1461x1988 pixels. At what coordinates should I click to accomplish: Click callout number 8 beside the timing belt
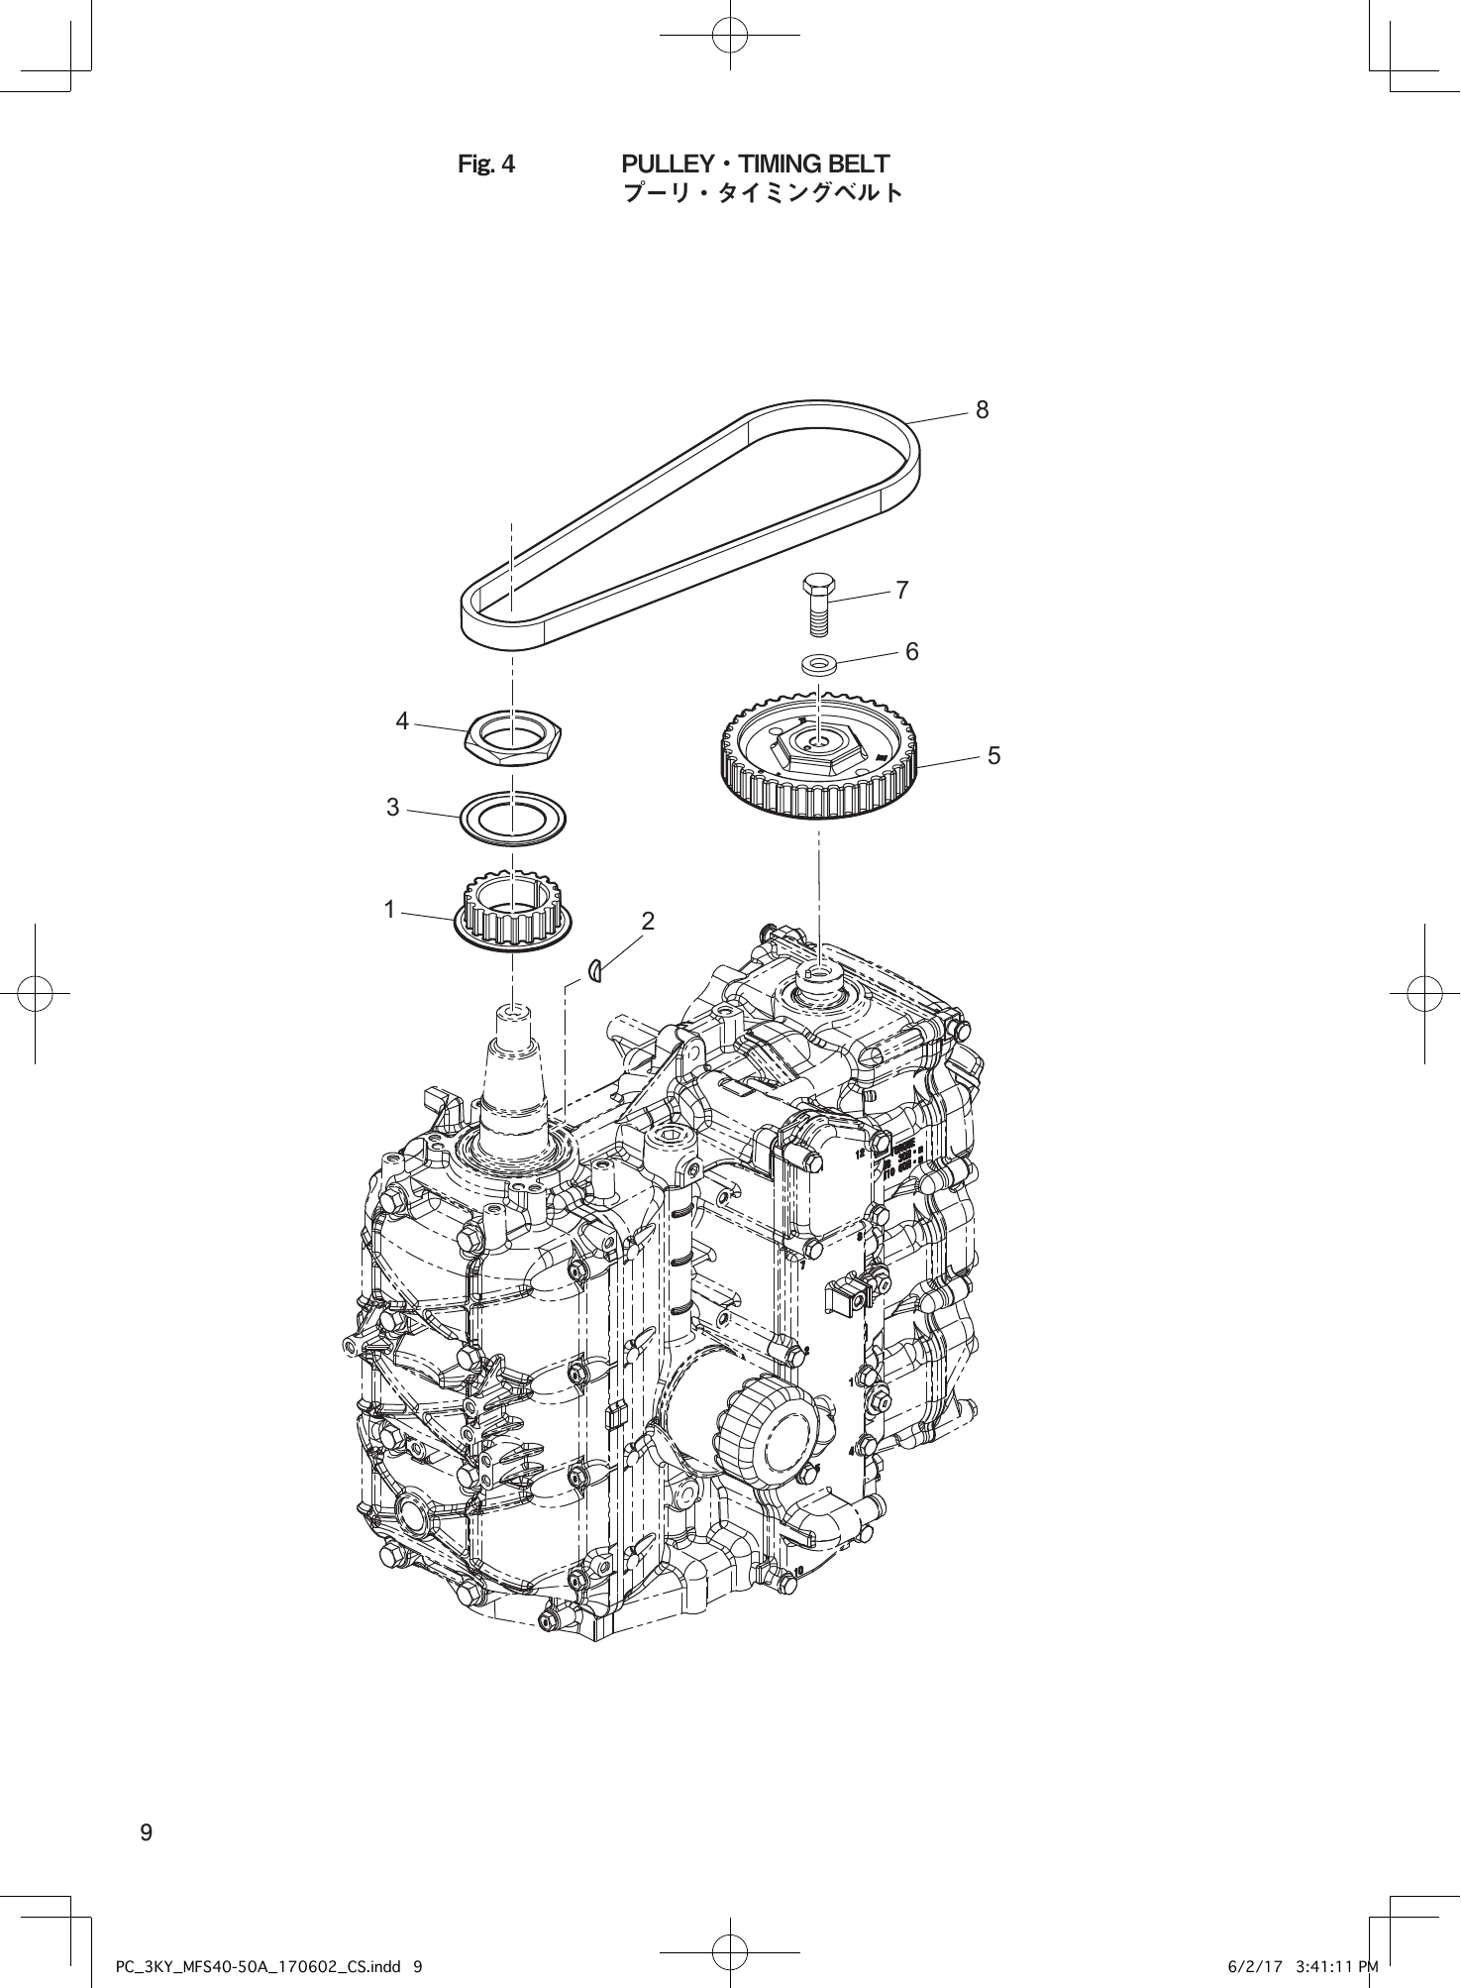pyautogui.click(x=982, y=409)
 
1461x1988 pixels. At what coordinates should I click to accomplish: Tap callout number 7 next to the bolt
pyautogui.click(x=901, y=591)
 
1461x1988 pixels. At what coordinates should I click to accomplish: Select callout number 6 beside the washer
pyautogui.click(x=911, y=651)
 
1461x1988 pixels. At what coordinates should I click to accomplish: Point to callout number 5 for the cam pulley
pyautogui.click(x=993, y=755)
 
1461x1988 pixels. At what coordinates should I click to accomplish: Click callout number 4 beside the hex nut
pyautogui.click(x=402, y=721)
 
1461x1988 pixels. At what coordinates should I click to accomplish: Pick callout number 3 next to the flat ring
pyautogui.click(x=393, y=808)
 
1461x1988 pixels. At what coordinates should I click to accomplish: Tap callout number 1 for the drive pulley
pyautogui.click(x=390, y=909)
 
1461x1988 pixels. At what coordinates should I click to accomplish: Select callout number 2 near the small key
pyautogui.click(x=648, y=921)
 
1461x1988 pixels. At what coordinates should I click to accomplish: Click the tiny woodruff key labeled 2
pyautogui.click(x=595, y=972)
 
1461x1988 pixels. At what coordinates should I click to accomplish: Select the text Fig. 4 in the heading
pyautogui.click(x=486, y=165)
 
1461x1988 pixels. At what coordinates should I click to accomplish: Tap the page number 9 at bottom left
pyautogui.click(x=147, y=1832)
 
